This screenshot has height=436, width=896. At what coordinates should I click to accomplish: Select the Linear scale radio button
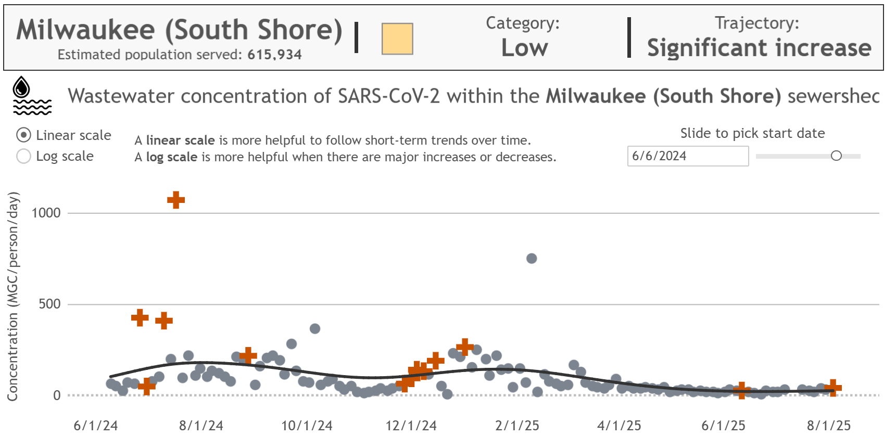pos(23,135)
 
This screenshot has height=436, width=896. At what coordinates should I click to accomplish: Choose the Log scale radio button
pos(23,156)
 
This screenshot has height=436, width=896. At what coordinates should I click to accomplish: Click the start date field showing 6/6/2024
pos(687,156)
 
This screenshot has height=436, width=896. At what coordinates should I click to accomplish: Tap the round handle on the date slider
pos(836,156)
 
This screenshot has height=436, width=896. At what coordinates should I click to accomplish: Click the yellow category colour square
pos(397,39)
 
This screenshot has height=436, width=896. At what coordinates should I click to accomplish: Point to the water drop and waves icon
pos(31,96)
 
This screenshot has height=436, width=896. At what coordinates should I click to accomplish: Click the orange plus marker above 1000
pos(176,200)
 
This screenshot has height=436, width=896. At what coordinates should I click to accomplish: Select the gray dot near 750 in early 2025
pos(532,259)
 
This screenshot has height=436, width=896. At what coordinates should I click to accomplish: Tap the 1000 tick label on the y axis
pos(46,213)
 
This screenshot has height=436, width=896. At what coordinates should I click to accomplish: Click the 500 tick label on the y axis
pos(49,304)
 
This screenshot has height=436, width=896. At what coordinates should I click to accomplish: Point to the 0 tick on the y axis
pos(57,395)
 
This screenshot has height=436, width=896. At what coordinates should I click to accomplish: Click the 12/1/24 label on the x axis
pos(411,426)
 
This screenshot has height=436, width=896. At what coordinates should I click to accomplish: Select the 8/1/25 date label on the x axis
pos(829,426)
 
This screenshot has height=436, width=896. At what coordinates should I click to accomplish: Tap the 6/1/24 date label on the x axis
pos(95,426)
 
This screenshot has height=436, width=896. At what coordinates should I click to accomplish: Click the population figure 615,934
pos(274,55)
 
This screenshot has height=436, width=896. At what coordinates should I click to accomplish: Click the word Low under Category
pos(524,48)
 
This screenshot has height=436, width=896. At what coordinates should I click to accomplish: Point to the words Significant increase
pos(759,48)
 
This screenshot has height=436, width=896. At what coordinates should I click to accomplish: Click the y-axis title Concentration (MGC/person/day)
pos(13,297)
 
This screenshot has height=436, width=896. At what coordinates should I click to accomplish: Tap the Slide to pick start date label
pos(752,133)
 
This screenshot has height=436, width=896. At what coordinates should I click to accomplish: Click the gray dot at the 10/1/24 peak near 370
pos(315,329)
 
